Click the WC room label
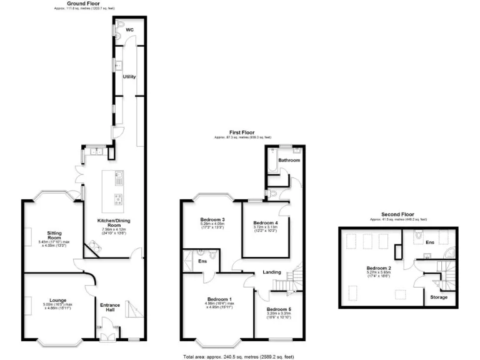129,30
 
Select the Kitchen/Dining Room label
112,223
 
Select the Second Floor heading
397,214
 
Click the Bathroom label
289,161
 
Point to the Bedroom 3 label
212,220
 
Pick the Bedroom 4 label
265,223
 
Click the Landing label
271,272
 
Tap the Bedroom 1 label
219,300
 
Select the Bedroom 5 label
279,309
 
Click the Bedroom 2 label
379,269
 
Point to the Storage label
439,297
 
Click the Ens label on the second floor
430,242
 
